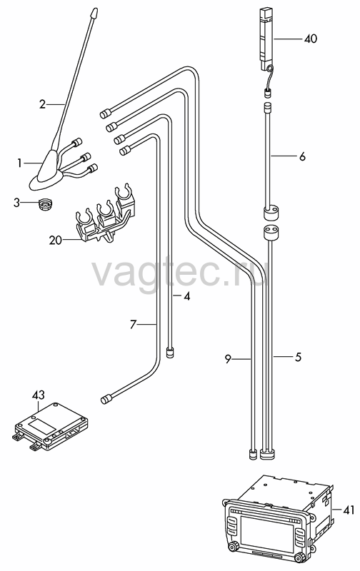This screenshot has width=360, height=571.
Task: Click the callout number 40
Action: tap(311, 39)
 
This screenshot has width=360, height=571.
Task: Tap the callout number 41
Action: tap(349, 510)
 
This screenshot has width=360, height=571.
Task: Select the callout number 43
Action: tap(39, 395)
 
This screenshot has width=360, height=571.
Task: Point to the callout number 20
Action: tap(56, 241)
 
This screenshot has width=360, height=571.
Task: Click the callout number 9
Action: tap(228, 360)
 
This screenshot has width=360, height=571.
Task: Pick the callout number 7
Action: tap(133, 324)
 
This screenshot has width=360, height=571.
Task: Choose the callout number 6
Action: tap(302, 156)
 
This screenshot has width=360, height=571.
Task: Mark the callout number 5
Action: tap(298, 358)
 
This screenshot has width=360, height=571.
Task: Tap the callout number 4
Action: tap(186, 296)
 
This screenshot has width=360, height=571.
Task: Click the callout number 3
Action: tap(16, 203)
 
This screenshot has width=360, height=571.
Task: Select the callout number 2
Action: tap(43, 104)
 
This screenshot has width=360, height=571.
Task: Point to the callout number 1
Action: tap(19, 163)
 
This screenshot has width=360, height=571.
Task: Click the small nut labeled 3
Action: tap(46, 205)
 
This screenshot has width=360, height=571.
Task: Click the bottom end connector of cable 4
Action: tap(170, 353)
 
